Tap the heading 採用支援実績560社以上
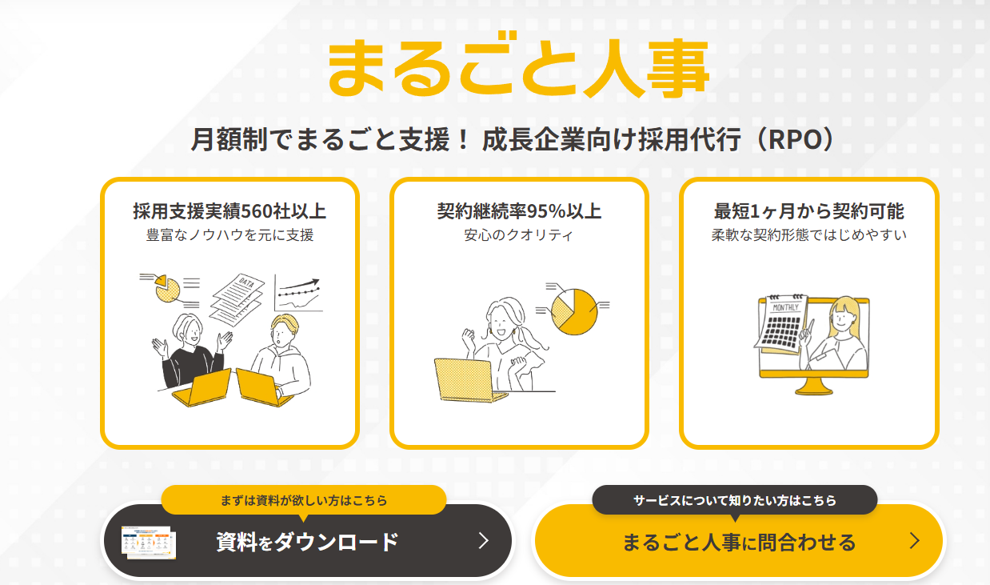(x=230, y=211)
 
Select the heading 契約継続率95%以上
(x=519, y=211)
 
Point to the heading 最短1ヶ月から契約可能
(x=808, y=211)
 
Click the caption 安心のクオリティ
(x=518, y=234)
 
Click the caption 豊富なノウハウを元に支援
(x=230, y=234)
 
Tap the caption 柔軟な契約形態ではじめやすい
(x=808, y=234)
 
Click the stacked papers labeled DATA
(x=238, y=299)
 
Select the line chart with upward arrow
(x=299, y=294)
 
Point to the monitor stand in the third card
(x=813, y=387)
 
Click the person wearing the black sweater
(x=190, y=354)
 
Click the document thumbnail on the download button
(x=149, y=543)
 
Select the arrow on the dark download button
(x=484, y=541)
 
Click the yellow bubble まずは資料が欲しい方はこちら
(x=304, y=500)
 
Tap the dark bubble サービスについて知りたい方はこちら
(x=735, y=500)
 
